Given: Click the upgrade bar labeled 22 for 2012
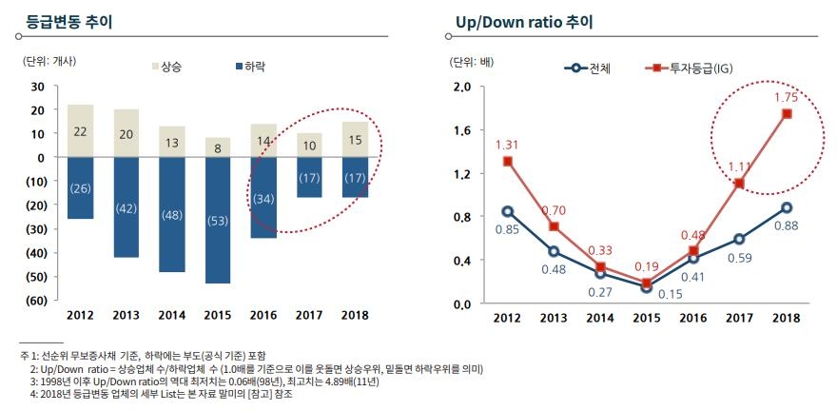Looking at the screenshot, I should point(81,130).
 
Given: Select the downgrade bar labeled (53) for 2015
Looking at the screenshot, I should point(218,221).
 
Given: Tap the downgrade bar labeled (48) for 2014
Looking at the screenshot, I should point(172,215).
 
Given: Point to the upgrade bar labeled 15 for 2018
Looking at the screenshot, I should point(355,139).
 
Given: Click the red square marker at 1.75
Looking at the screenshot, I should point(787,114).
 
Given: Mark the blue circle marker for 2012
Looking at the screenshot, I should point(508,211).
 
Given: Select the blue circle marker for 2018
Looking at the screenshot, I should point(787,207).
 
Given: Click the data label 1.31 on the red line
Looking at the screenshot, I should point(509,145).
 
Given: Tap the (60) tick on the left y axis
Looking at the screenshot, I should point(35,301).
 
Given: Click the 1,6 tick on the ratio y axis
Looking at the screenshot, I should point(462,130).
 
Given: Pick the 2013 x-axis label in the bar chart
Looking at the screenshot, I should point(127,316).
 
